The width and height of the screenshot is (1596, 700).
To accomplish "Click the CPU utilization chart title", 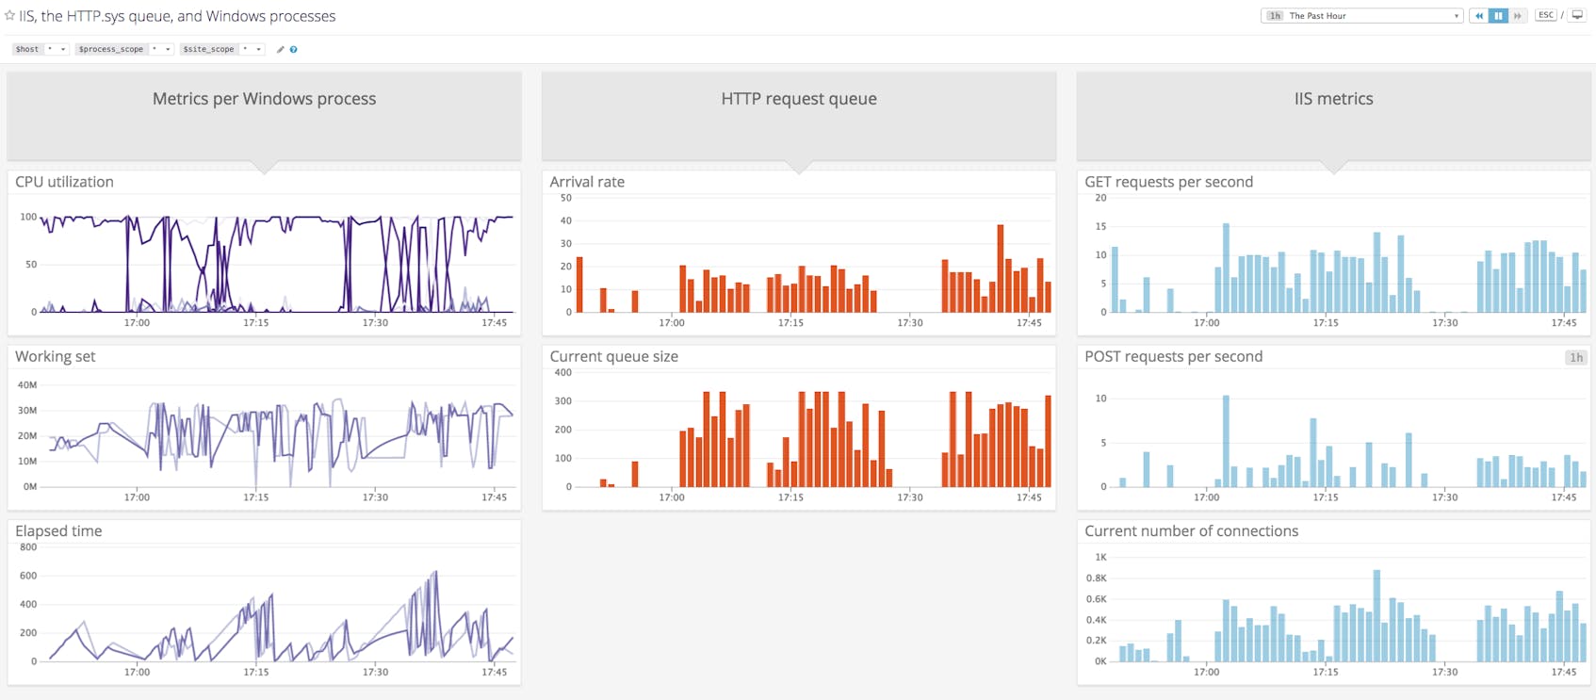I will (x=64, y=182).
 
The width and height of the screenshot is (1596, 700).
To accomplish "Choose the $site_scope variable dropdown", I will (x=222, y=49).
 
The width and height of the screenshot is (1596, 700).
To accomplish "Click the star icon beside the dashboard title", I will (x=9, y=16).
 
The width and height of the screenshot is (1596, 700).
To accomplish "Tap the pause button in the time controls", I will (x=1497, y=16).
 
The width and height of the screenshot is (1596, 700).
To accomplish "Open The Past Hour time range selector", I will (x=1361, y=16).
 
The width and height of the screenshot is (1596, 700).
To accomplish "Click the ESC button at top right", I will (x=1545, y=15).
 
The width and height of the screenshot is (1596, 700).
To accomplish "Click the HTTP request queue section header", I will (x=798, y=99).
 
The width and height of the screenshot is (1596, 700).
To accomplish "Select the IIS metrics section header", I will (x=1333, y=99).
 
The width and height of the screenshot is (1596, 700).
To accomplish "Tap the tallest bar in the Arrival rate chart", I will (x=1000, y=269).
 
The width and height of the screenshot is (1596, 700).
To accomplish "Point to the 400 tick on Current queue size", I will (x=562, y=373).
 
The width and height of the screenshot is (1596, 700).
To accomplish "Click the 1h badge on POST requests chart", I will (x=1575, y=357).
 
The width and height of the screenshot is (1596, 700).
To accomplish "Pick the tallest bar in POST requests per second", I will (x=1226, y=441).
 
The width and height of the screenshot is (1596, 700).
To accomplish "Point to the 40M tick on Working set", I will (x=27, y=385).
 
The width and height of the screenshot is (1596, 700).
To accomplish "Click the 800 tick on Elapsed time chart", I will (x=28, y=547).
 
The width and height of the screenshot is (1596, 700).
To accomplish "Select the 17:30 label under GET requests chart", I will (x=1444, y=323).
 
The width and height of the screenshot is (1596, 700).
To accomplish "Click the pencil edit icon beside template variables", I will (x=280, y=50).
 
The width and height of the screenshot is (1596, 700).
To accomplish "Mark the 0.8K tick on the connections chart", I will (x=1096, y=578).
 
